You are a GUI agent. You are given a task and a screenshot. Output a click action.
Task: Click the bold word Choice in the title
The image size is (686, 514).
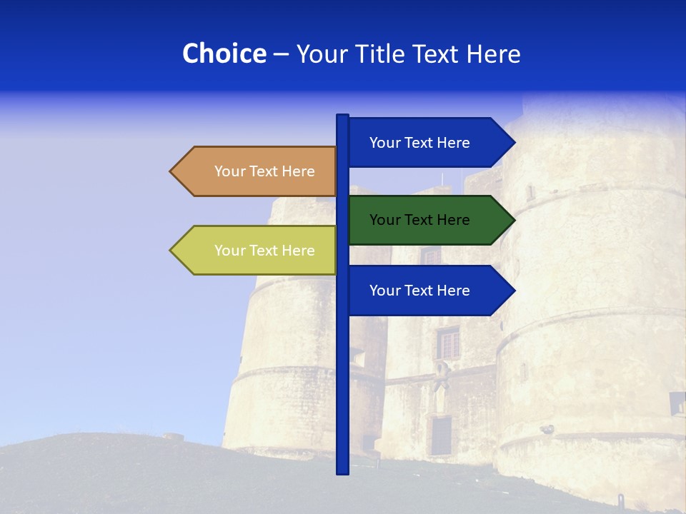(224, 54)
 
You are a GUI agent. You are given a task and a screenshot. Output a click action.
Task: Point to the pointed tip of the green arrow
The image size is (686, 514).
(513, 220)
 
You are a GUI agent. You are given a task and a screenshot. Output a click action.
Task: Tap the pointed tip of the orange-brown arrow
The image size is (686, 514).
(171, 171)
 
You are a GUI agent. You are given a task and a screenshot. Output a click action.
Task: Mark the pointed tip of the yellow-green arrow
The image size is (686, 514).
(171, 251)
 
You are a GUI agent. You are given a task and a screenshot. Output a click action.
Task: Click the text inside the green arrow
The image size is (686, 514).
(419, 220)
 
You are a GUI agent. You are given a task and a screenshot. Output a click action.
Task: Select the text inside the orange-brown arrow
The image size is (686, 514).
(264, 171)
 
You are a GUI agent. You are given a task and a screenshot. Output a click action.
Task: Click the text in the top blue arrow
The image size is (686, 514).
(419, 143)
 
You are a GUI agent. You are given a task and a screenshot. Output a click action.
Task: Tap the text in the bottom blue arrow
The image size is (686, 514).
(419, 291)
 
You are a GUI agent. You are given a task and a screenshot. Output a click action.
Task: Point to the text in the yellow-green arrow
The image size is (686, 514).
(264, 251)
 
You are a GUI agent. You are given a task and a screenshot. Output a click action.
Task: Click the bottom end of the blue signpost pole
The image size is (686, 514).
(342, 471)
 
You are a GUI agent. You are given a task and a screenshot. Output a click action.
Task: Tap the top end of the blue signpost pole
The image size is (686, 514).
(342, 116)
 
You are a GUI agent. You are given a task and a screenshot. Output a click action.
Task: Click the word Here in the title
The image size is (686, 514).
(493, 54)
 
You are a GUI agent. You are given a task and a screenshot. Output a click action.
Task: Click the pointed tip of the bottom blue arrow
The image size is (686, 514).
(513, 291)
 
